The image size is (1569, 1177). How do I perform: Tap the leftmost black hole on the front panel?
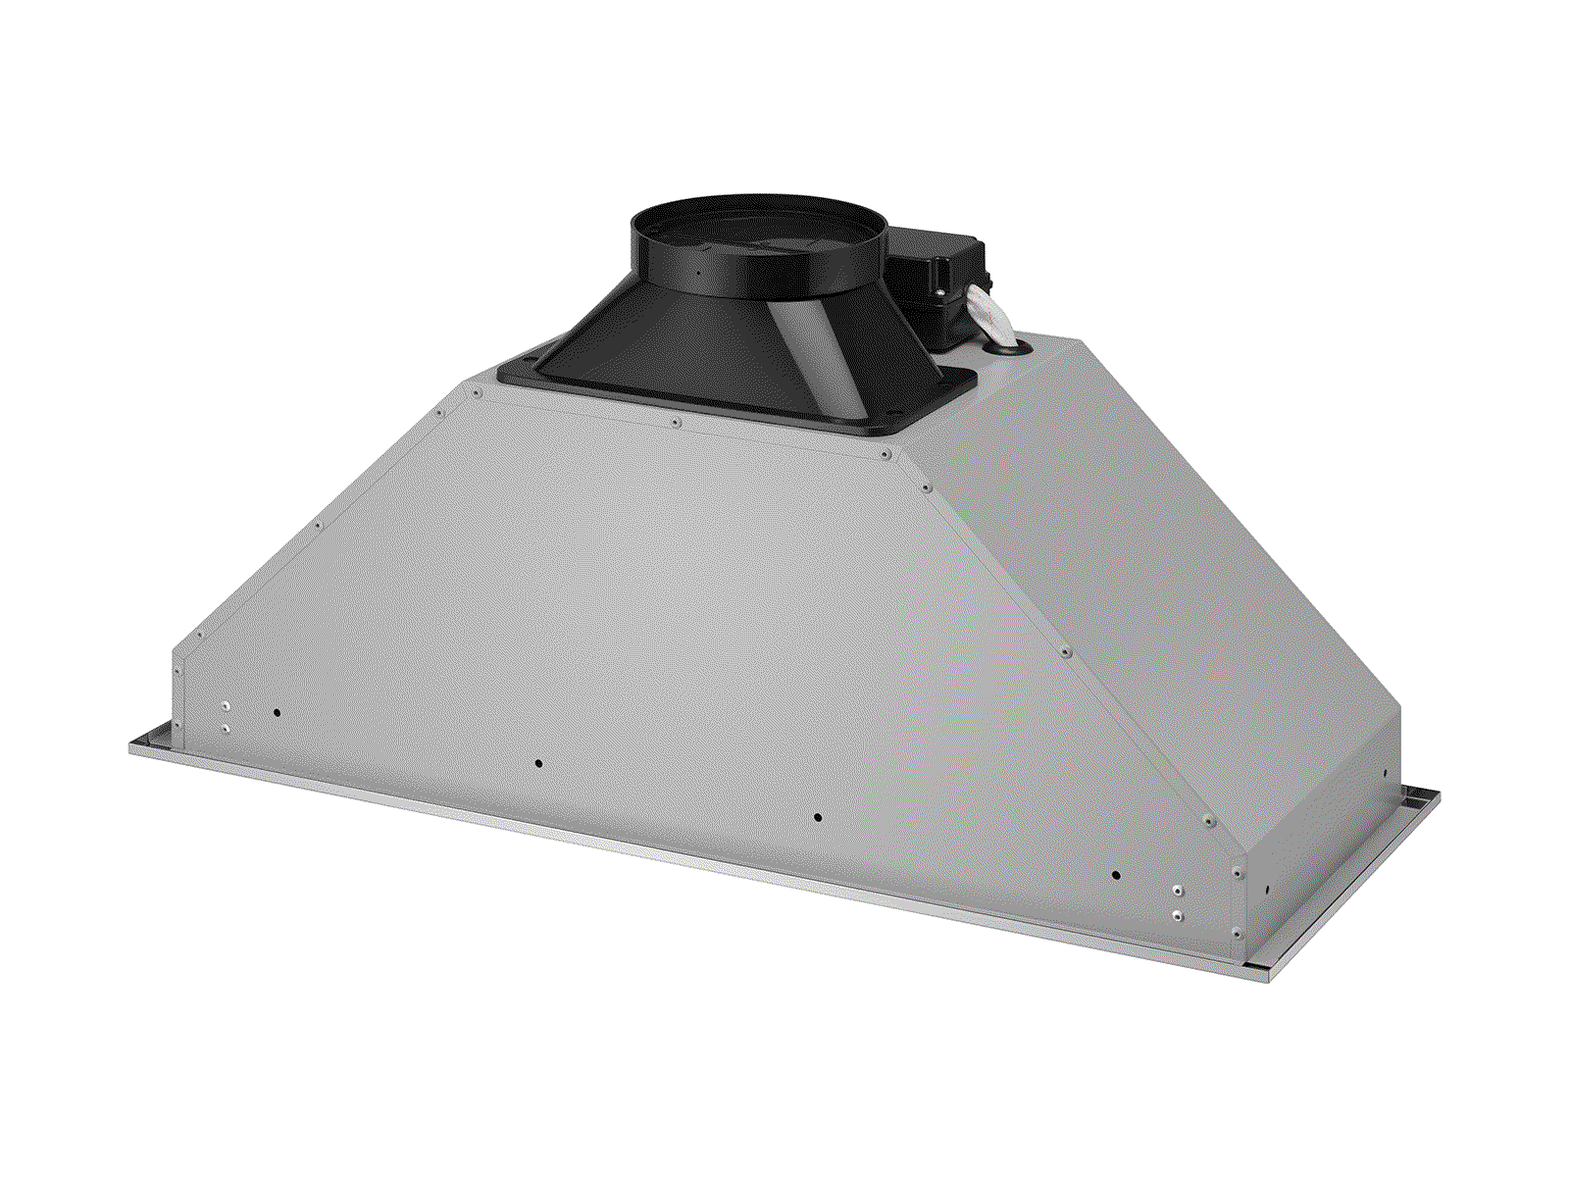(x=277, y=713)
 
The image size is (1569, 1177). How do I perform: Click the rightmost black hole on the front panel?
(x=1115, y=875)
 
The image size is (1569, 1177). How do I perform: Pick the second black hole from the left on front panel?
(x=538, y=763)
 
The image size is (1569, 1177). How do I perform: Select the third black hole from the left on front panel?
(x=818, y=817)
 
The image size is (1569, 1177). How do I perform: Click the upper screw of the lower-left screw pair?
(x=226, y=706)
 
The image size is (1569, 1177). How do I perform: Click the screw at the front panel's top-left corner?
(x=476, y=393)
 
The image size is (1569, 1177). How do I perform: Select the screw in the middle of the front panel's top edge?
(x=677, y=423)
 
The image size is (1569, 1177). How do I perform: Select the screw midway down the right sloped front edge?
(x=1065, y=651)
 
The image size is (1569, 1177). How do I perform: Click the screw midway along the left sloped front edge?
(x=319, y=526)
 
